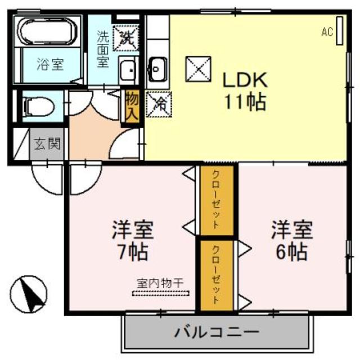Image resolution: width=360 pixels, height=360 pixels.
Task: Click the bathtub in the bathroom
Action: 47,31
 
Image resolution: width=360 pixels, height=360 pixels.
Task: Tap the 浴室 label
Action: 50,64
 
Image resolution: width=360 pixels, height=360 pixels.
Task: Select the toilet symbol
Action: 38,107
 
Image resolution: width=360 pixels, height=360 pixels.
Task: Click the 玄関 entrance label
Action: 47,144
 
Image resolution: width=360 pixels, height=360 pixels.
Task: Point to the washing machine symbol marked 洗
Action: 126,38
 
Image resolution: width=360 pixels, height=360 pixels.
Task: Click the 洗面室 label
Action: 102,49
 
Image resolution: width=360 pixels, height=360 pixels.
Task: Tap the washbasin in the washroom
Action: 128,70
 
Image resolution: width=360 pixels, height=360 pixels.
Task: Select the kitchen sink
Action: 157,69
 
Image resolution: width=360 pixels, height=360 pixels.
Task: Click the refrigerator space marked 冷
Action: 159,104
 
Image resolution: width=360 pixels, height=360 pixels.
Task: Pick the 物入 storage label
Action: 133,106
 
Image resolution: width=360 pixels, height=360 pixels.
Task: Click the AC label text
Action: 327,31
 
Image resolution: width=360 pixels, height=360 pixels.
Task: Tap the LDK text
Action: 245,80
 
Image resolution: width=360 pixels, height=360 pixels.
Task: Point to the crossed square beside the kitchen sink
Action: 199,69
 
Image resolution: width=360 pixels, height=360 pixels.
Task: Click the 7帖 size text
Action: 132,252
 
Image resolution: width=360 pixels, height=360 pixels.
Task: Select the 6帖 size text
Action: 291,252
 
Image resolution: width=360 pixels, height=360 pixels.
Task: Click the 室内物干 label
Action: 160,283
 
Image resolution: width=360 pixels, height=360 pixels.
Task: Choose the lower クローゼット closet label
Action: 216,275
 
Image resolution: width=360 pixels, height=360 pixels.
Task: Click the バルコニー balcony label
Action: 217,332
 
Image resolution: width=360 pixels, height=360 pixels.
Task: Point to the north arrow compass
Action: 29,294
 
